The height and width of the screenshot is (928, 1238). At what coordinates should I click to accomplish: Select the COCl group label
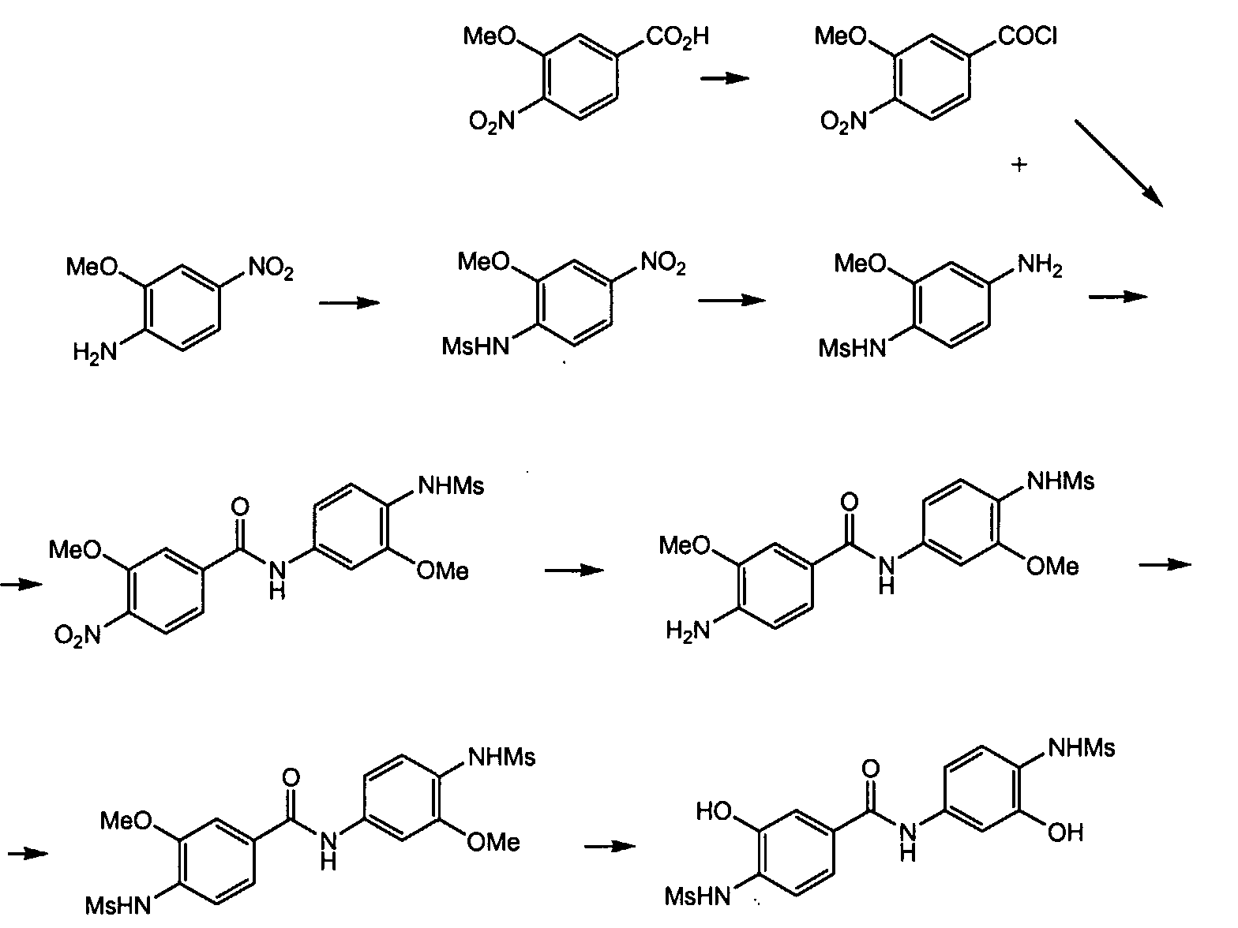[x=1028, y=36]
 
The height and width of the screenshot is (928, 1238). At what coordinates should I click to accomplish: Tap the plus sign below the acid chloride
[x=1019, y=165]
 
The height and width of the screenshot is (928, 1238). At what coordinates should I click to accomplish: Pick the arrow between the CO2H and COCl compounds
[x=725, y=78]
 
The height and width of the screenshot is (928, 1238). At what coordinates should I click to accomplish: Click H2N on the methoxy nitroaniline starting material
[x=94, y=351]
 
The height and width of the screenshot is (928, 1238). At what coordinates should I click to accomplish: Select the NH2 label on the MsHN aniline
[x=1039, y=266]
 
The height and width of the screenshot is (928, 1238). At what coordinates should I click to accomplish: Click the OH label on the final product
[x=1065, y=833]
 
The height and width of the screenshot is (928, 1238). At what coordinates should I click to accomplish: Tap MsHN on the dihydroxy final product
[x=698, y=896]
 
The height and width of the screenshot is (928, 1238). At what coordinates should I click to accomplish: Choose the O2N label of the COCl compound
[x=843, y=122]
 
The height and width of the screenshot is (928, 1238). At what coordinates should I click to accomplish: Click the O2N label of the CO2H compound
[x=491, y=122]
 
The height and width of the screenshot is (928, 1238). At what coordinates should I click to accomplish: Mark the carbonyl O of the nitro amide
[x=241, y=507]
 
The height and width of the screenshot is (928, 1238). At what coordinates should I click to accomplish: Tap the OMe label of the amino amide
[x=1052, y=566]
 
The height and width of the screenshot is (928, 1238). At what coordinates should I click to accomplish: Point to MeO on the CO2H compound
[x=490, y=36]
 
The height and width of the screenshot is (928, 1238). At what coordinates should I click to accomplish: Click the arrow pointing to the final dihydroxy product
[x=610, y=847]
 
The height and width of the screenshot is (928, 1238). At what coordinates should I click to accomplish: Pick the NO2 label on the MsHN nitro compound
[x=663, y=264]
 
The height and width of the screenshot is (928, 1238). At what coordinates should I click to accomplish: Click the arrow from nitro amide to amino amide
[x=574, y=570]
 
